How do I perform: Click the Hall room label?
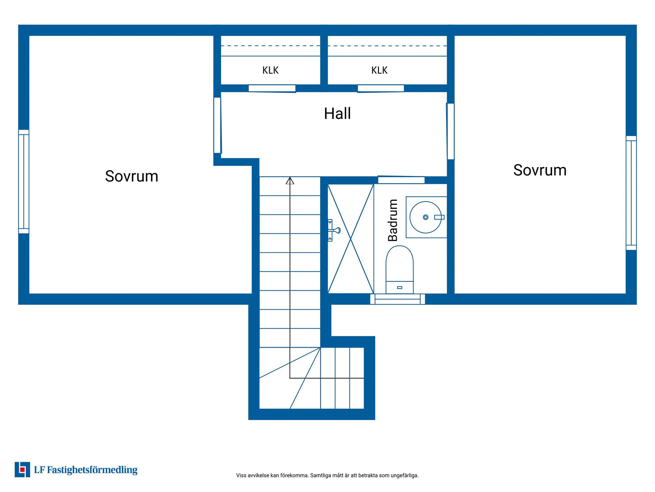coord(337,113)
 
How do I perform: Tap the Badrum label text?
coord(393,220)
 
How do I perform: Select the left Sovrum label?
coord(132,176)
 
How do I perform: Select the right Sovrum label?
coord(540,170)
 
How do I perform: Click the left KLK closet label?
coord(271,70)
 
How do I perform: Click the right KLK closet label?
coord(379,70)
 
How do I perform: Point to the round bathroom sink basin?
coord(425,217)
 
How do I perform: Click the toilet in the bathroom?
coord(399,270)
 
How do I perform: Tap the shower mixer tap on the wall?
coord(334,230)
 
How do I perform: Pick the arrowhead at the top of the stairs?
coord(290,180)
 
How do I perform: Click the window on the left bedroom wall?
coord(24,181)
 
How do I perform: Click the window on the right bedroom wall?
coord(631,193)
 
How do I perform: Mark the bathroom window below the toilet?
coord(397,299)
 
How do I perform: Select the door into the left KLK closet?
coord(272,88)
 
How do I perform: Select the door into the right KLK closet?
coord(381,88)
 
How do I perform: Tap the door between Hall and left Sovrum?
coord(218,125)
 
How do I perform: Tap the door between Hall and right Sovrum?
coord(450,131)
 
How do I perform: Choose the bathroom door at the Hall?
coord(401,180)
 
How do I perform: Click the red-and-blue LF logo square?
coord(23,469)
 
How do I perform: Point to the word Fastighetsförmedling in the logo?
coord(92,470)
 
